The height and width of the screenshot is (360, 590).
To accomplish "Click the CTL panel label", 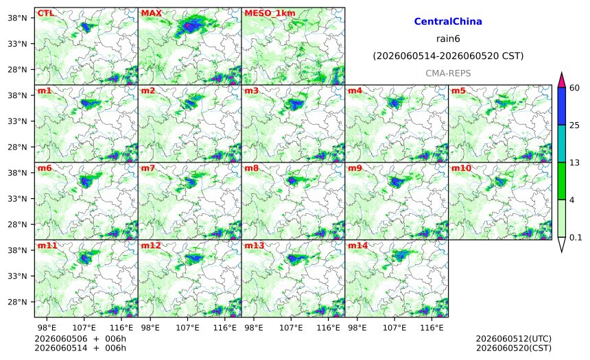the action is coord(45,13).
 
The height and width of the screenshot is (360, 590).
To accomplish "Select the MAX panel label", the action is coord(151,13).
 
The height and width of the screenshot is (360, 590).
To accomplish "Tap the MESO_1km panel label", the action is coord(270,13).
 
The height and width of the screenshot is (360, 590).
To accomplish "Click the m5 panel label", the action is coord(458,91).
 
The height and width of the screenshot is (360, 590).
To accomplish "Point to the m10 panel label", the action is coord(461,168).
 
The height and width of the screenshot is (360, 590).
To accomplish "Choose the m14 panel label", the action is coord(357,245).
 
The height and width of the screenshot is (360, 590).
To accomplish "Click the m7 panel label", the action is coord(148,168).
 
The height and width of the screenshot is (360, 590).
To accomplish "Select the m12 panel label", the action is coord(151,245).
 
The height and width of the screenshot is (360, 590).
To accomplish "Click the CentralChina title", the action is coord(448,21).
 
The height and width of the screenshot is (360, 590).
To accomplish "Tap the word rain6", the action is coord(448,39).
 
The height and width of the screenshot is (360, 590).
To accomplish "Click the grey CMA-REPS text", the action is coord(448,73).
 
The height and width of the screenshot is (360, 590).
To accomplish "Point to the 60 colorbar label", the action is coord(574,88).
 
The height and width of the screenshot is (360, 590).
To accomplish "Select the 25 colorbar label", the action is coord(574,125).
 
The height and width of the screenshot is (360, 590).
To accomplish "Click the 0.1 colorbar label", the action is coord(576,237).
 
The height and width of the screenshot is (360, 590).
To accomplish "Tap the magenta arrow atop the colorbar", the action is coord(561,80).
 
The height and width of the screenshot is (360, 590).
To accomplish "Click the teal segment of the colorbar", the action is coord(561,144).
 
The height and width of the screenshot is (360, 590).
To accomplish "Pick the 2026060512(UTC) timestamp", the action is coord(514,339).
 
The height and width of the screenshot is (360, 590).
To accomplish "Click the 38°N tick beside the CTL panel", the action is coord(17,18).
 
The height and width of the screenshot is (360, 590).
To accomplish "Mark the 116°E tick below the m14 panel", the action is coord(432,328).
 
